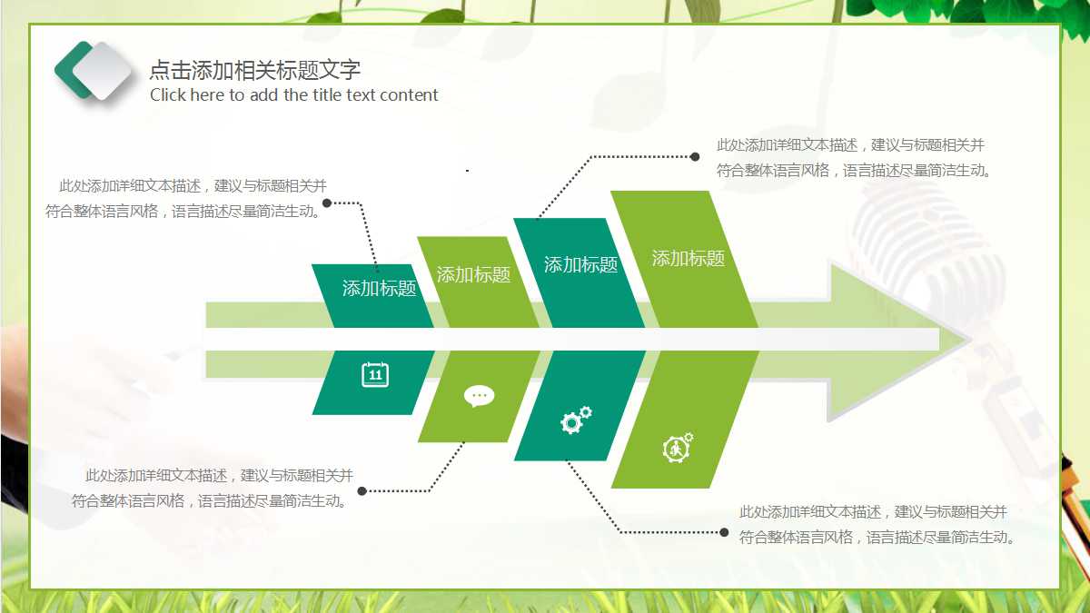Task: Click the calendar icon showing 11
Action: (375, 374)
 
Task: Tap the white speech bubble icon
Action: (479, 396)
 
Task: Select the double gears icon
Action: (576, 419)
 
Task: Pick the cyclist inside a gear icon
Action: (678, 448)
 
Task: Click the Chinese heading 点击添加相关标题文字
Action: (254, 71)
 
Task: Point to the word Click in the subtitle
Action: (168, 95)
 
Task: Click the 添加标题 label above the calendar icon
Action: (379, 289)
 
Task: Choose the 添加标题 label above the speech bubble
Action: (473, 274)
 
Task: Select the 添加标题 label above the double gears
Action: (580, 265)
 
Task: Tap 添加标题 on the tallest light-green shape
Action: (689, 259)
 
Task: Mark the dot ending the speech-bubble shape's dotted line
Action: (362, 491)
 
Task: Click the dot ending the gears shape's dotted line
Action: (724, 532)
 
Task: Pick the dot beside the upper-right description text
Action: (695, 156)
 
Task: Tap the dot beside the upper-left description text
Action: (327, 203)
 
